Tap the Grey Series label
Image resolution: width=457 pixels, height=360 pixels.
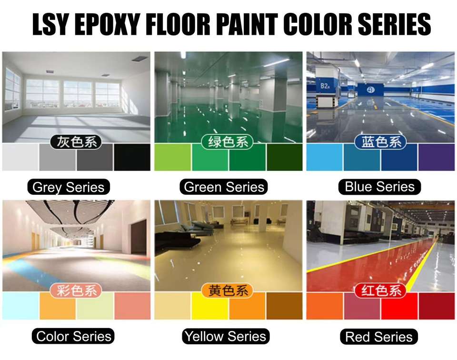tap(69, 187)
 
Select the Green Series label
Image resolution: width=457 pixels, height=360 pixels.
tap(224, 187)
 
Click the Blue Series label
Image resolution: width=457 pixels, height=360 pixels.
tap(379, 187)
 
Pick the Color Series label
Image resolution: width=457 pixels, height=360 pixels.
tap(73, 336)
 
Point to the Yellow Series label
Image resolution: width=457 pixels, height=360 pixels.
tap(226, 336)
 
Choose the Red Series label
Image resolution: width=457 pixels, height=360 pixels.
tap(379, 336)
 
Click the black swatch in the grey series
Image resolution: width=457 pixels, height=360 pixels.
tap(132, 158)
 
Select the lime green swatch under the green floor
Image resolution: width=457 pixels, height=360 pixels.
tap(172, 158)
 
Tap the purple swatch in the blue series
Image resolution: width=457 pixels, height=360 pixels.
tap(437, 158)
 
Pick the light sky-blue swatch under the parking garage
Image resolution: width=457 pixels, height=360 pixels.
tap(324, 158)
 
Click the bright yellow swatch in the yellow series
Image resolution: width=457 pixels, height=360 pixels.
tap(210, 306)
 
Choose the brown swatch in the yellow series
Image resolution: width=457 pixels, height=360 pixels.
tap(285, 306)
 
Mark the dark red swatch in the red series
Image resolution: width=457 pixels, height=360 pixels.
tap(437, 306)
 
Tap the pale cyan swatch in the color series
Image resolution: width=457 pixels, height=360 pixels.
tap(20, 306)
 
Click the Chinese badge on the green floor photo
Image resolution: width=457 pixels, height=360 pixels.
tap(228, 142)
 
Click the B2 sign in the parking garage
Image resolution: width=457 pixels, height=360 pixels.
tap(325, 86)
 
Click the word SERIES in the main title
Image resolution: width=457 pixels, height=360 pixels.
tap(394, 24)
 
